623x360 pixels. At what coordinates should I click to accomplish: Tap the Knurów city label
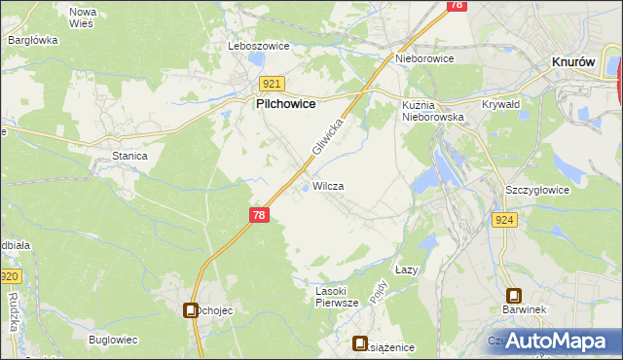(x=573, y=61)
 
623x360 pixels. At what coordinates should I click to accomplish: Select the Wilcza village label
(x=328, y=185)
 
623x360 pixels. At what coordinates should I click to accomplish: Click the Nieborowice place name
(x=424, y=58)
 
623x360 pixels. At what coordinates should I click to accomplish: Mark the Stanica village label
(x=129, y=156)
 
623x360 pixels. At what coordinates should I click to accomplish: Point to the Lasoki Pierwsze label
(x=338, y=297)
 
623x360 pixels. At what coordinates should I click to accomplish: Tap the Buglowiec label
(x=112, y=339)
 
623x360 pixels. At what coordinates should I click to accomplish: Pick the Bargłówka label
(x=33, y=40)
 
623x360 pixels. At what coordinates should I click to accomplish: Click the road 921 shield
(x=272, y=85)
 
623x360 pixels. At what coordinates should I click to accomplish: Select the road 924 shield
(x=504, y=220)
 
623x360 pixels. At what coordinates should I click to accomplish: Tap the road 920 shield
(x=10, y=277)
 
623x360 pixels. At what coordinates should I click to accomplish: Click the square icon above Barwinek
(x=513, y=296)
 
